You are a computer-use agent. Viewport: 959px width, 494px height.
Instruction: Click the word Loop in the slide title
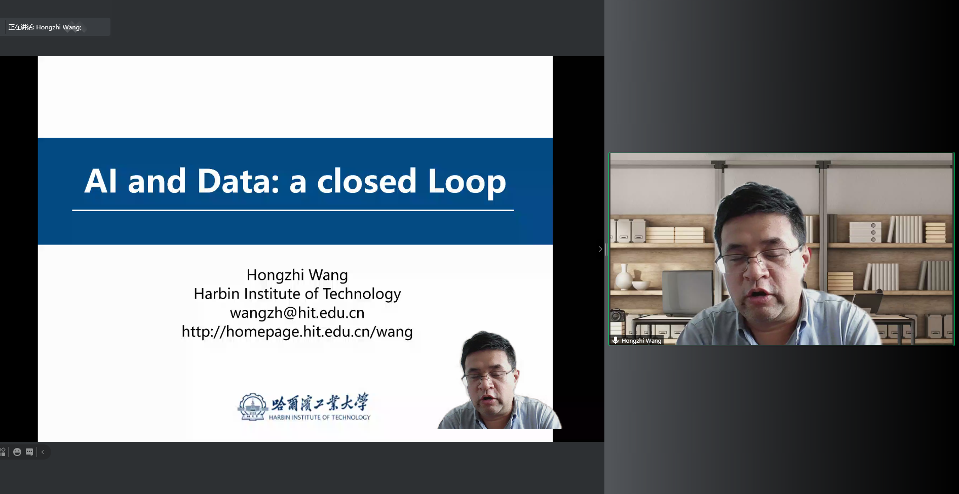click(467, 181)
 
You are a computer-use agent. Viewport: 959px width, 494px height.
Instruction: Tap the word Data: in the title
click(238, 181)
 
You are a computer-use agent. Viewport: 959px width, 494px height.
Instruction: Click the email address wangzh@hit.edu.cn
click(297, 313)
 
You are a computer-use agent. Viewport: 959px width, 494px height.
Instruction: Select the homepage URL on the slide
click(297, 332)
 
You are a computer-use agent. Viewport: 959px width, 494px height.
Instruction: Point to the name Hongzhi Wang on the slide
click(297, 275)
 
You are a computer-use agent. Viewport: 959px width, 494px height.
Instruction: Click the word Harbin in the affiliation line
click(216, 294)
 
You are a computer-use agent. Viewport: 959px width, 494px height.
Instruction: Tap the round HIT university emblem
click(252, 407)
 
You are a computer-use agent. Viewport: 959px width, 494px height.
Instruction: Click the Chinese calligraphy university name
click(320, 402)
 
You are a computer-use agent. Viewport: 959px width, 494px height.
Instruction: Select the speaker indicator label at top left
click(45, 27)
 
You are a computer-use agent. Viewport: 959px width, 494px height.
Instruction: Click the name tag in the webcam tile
click(637, 341)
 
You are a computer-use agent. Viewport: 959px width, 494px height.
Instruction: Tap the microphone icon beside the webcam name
click(616, 340)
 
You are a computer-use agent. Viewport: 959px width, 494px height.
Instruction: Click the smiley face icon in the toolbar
click(17, 452)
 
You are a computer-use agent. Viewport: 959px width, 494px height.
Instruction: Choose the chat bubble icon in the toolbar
click(29, 452)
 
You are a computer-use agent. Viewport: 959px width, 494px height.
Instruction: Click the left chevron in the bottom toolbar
click(43, 452)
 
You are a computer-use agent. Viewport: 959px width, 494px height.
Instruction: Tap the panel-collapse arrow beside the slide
click(600, 249)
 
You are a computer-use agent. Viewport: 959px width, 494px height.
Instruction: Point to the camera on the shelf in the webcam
click(617, 315)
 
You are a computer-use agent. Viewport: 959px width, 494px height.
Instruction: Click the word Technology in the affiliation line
click(362, 294)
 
